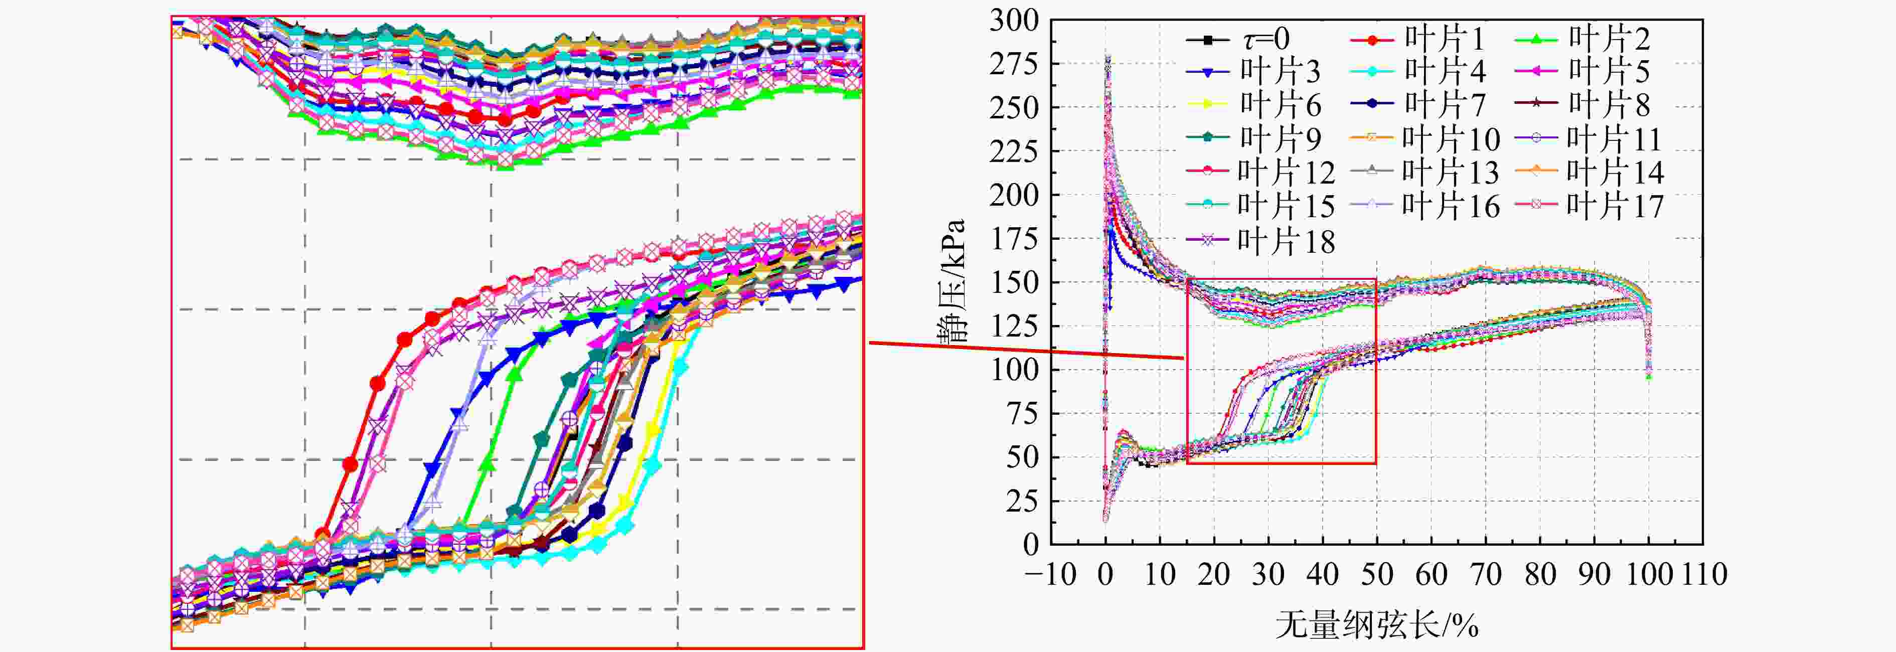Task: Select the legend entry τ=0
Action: pos(1239,38)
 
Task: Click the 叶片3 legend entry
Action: pos(1253,71)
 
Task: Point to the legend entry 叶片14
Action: pos(1590,172)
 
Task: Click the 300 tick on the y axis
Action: pos(1014,21)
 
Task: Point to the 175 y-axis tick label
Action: pos(1014,238)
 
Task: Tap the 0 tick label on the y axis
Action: pos(1030,545)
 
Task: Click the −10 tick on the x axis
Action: pos(1051,574)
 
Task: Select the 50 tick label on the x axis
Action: pos(1376,574)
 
